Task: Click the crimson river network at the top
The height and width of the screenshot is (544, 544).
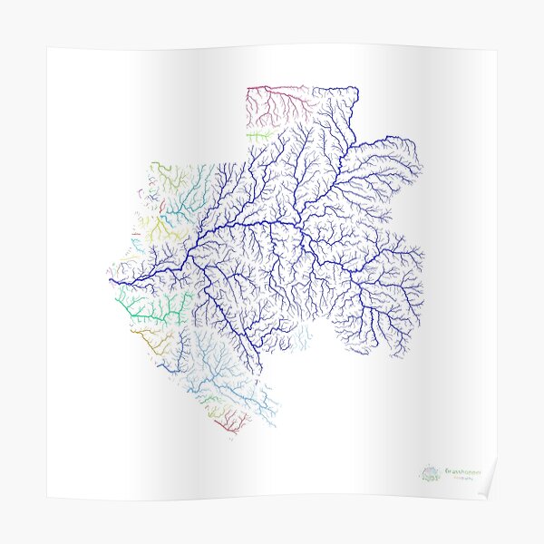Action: click(272, 100)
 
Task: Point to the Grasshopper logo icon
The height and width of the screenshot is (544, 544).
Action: click(431, 472)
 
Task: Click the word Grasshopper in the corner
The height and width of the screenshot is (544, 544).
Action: click(462, 470)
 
